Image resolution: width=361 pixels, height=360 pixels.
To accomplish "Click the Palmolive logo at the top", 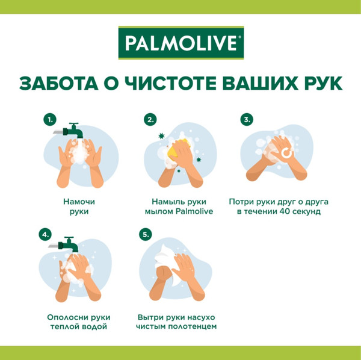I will [x=180, y=44].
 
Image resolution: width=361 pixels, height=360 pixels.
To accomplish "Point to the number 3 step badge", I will [x=247, y=120].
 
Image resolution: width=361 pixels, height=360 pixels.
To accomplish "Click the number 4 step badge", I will [x=45, y=234].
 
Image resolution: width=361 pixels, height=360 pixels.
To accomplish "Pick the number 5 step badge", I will [x=144, y=234].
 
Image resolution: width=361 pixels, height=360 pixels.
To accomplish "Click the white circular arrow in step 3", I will [x=286, y=154].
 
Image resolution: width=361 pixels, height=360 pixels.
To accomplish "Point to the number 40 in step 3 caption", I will [x=284, y=212].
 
